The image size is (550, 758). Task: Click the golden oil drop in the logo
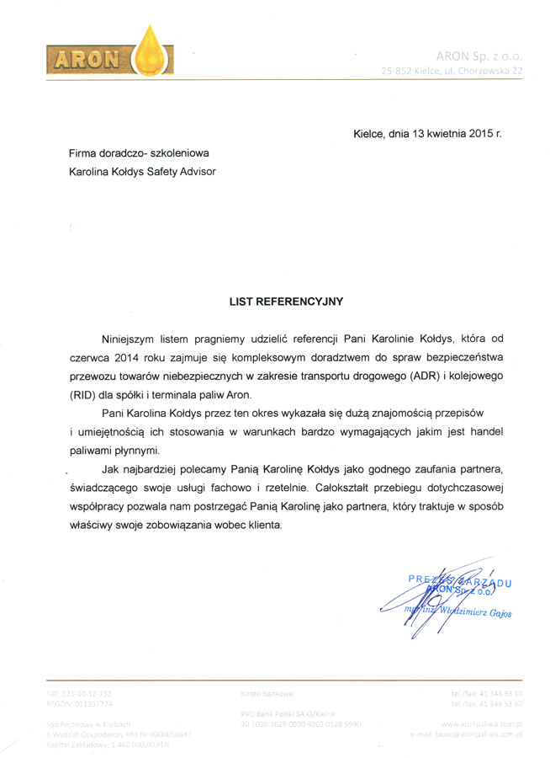(152, 51)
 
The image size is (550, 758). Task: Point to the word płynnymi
(135, 451)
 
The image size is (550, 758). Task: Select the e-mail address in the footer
(478, 733)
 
